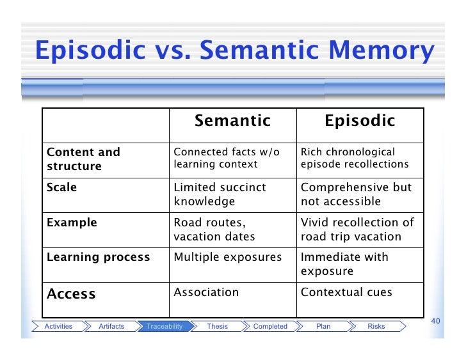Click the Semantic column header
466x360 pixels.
pyautogui.click(x=232, y=121)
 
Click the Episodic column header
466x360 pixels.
pyautogui.click(x=360, y=121)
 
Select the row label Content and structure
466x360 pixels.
pyautogui.click(x=83, y=159)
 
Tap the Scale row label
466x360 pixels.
pyautogui.click(x=61, y=187)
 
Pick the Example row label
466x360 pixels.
pyautogui.click(x=72, y=223)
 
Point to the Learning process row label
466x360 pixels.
pyautogui.click(x=98, y=257)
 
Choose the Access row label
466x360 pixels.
pyautogui.click(x=71, y=293)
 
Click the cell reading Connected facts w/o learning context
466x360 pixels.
pyautogui.click(x=227, y=159)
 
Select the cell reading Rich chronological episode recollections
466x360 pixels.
pyautogui.click(x=354, y=159)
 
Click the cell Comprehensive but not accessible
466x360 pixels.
pyautogui.click(x=356, y=194)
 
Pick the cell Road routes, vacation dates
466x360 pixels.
pyautogui.click(x=214, y=230)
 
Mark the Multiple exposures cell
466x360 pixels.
pyautogui.click(x=227, y=257)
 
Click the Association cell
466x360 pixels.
pyautogui.click(x=206, y=292)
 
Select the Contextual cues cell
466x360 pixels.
pyautogui.click(x=346, y=292)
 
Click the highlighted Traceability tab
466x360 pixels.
pyautogui.click(x=165, y=326)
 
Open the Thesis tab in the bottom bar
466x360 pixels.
pyautogui.click(x=217, y=326)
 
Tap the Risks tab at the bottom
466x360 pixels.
pyautogui.click(x=376, y=326)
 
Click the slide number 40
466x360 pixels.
pyautogui.click(x=438, y=320)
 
